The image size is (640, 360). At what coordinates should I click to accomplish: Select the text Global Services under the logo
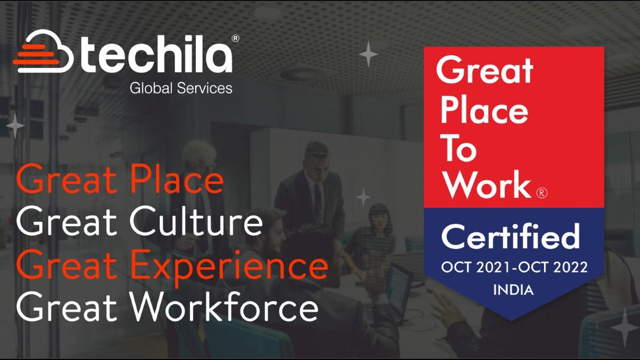coord(181,87)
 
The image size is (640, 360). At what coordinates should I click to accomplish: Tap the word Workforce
coord(223,308)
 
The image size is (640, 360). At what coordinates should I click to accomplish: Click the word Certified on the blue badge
coord(510,237)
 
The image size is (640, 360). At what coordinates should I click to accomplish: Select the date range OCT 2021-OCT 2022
coord(514,268)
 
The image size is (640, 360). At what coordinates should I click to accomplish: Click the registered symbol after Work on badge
coord(540,192)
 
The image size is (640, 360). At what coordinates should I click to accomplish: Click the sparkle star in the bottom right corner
coord(624,326)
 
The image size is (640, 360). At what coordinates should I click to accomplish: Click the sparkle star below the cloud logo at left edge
coord(15,126)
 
